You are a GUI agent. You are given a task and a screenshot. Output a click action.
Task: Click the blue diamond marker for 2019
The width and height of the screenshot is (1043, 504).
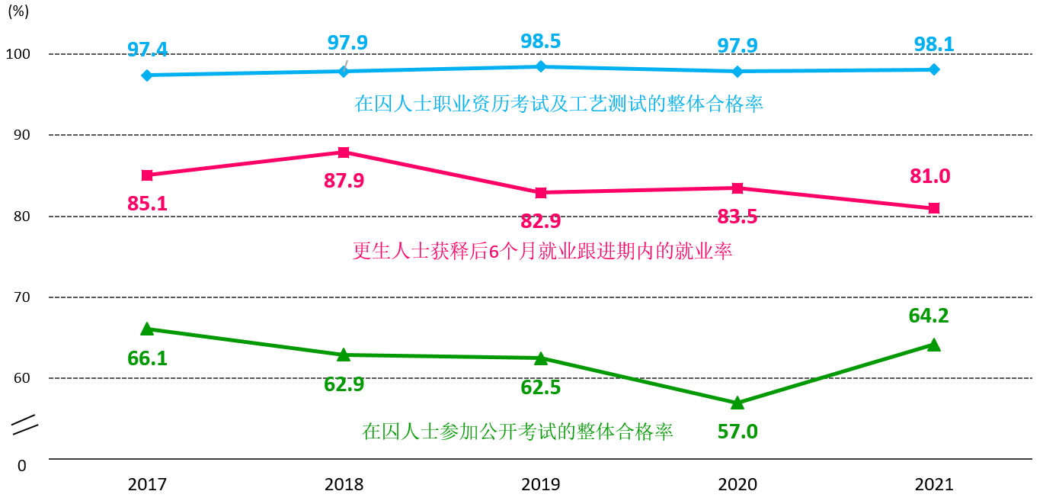[541, 66]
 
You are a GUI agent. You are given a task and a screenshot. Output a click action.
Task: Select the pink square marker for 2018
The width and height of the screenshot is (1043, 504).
[344, 152]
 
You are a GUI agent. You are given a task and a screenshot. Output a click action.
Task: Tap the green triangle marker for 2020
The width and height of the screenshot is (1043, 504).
[737, 402]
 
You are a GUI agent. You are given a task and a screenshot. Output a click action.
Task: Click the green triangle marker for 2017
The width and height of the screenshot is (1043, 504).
[147, 329]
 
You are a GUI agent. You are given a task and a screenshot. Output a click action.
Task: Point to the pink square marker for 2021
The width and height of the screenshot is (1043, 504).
[934, 208]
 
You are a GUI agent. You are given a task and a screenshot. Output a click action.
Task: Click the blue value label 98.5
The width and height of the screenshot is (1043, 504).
[540, 41]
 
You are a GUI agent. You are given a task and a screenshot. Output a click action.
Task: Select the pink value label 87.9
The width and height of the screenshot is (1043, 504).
[344, 181]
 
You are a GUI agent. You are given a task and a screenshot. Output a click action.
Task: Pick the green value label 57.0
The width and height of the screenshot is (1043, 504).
[737, 432]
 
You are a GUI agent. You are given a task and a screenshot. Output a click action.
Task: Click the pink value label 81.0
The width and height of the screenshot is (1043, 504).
[929, 176]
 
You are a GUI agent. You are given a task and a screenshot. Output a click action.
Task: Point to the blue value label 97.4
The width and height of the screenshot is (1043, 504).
[147, 50]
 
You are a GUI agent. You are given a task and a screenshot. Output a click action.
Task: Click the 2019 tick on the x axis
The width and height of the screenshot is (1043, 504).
[541, 484]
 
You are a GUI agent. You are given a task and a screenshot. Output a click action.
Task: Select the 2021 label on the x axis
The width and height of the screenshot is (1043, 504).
[934, 484]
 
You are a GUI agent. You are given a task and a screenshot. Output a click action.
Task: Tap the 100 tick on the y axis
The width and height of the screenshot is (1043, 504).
[22, 54]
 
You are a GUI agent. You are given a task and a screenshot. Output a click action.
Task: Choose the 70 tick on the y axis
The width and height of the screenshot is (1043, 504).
[22, 297]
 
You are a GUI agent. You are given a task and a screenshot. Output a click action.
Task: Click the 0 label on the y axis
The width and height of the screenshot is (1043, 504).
[22, 465]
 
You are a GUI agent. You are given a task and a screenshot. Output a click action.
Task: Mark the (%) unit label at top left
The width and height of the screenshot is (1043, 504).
[19, 12]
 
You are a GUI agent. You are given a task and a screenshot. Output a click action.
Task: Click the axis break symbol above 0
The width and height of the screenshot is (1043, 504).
[25, 425]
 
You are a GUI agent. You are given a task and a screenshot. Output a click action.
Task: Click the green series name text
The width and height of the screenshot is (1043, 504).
[517, 432]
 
